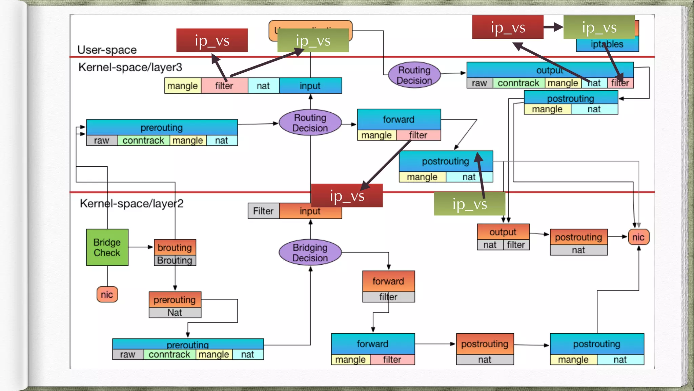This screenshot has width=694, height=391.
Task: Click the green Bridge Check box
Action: click(107, 247)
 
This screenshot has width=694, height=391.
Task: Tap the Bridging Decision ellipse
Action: click(310, 253)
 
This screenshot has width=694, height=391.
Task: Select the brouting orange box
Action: click(175, 247)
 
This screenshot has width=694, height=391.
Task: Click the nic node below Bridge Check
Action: click(107, 294)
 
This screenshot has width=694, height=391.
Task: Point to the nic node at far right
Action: click(638, 237)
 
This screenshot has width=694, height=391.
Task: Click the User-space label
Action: click(107, 50)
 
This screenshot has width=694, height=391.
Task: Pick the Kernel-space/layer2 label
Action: click(131, 203)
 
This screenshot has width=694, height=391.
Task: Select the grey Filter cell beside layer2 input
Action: click(263, 211)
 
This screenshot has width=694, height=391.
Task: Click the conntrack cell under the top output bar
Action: click(518, 83)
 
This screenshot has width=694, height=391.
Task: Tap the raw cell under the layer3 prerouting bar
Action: click(102, 141)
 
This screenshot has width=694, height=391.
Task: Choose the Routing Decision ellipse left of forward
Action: click(310, 123)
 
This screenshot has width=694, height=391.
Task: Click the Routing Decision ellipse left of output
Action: click(414, 75)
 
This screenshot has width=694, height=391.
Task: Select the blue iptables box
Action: click(607, 44)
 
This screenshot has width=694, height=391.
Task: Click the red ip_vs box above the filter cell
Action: click(212, 40)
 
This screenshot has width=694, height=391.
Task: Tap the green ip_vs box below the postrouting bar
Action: click(469, 204)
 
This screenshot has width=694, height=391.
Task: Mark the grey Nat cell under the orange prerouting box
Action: click(175, 313)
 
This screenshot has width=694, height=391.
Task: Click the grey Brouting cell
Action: click(175, 260)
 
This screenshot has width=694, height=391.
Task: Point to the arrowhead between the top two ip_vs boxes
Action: click(558, 27)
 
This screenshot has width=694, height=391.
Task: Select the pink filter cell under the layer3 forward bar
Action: click(418, 135)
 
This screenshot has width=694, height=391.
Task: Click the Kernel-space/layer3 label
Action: click(130, 67)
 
